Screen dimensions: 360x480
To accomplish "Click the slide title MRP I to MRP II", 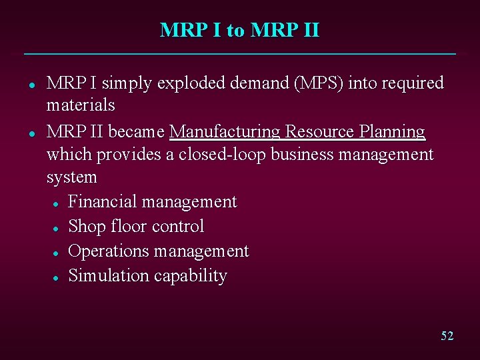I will [240, 31].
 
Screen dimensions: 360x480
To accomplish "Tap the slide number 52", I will [447, 336].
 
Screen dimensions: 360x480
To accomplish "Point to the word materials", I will [81, 105].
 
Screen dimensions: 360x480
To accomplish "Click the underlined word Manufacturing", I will [225, 132].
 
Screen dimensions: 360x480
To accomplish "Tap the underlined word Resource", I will [319, 132].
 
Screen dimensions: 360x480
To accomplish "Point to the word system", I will [71, 178].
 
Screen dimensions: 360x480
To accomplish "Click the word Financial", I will [101, 201].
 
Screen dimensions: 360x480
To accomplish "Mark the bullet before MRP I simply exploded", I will [31, 85].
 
